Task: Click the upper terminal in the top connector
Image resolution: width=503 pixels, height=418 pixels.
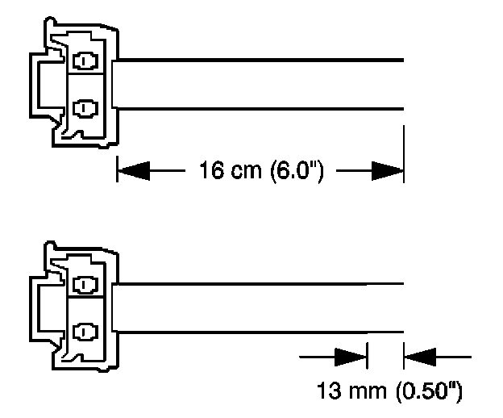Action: point(83,61)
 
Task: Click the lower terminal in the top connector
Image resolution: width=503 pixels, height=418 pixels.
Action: point(83,107)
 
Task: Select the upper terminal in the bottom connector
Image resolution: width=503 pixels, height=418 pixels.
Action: point(83,284)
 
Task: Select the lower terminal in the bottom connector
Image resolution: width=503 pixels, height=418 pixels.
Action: point(83,330)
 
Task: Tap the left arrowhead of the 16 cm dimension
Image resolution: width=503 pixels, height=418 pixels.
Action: point(132,170)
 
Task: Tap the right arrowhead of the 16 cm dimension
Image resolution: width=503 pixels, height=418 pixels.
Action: point(387,170)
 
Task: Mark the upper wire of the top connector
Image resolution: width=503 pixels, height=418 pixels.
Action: point(258,60)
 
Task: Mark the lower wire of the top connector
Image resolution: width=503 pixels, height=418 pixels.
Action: point(258,107)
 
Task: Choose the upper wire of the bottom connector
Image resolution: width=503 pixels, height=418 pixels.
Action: point(258,283)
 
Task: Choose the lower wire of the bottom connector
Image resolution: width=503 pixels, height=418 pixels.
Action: point(258,331)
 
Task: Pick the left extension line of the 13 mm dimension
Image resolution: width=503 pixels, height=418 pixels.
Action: point(367,355)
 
